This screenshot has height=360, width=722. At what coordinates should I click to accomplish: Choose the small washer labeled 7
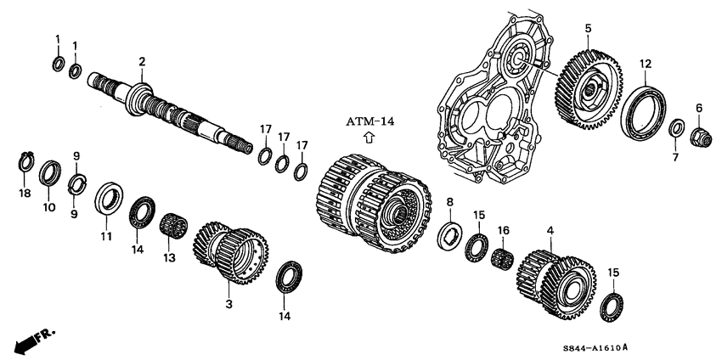click(x=678, y=129)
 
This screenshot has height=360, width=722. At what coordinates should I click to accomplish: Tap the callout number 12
click(x=646, y=64)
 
